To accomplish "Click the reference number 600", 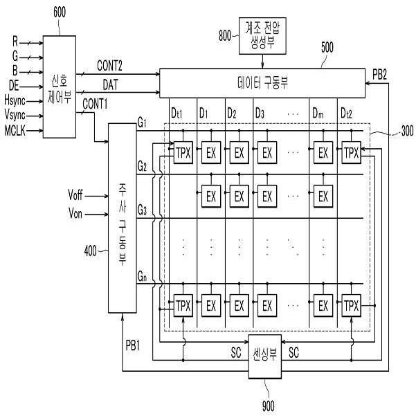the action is (60, 12).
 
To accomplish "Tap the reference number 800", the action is (225, 35).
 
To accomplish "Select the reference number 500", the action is (327, 48).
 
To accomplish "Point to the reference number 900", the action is (269, 406).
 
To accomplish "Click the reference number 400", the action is (90, 251).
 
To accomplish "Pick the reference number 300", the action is (407, 131).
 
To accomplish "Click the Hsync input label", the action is (15, 101).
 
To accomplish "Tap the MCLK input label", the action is (15, 131).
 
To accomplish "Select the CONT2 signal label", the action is (109, 66).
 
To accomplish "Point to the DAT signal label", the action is (110, 85).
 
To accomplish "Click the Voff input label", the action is (75, 195).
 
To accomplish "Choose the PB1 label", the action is (133, 345).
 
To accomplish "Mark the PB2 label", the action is (379, 75).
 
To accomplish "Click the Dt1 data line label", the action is (177, 114).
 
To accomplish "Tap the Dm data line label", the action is (318, 114).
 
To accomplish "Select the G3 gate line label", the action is (142, 210).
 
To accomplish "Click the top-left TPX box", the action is (183, 152).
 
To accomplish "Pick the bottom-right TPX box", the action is (351, 305).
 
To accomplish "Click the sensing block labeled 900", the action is (265, 356).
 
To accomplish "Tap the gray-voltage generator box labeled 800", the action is (262, 36).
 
